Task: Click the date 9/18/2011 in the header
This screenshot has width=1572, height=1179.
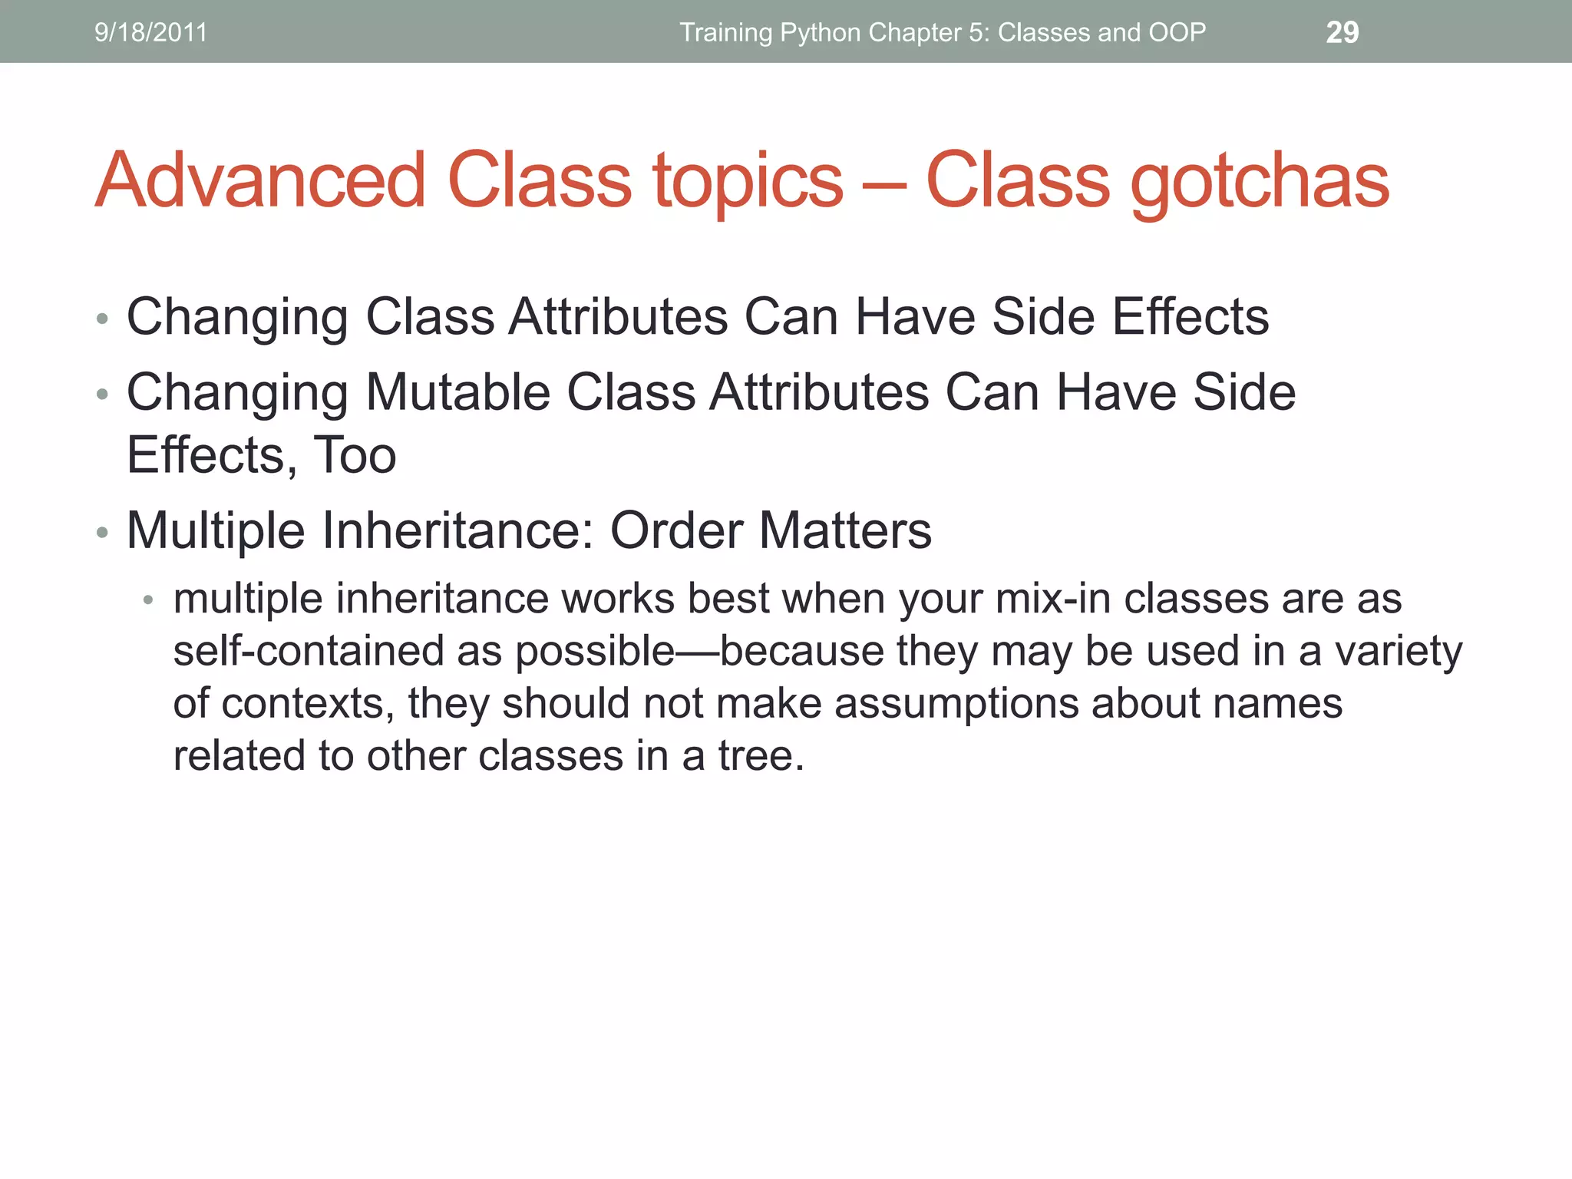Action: tap(150, 32)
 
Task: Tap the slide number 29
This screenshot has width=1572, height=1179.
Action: tap(1342, 32)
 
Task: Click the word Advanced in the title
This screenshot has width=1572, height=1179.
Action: tap(260, 180)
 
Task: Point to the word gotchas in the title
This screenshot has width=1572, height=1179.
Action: tap(1260, 182)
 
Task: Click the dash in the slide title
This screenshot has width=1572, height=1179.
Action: tap(884, 184)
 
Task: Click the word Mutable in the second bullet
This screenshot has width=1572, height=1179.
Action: tap(458, 392)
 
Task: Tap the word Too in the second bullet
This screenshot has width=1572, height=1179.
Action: tap(355, 455)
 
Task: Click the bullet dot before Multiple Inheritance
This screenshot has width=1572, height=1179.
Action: tap(102, 532)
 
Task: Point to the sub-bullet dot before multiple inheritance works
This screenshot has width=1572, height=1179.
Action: tap(149, 600)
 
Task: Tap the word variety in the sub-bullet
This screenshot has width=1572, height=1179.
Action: tap(1399, 652)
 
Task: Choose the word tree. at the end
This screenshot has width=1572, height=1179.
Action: tap(761, 756)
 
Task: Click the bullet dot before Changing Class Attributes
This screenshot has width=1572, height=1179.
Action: tap(102, 319)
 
